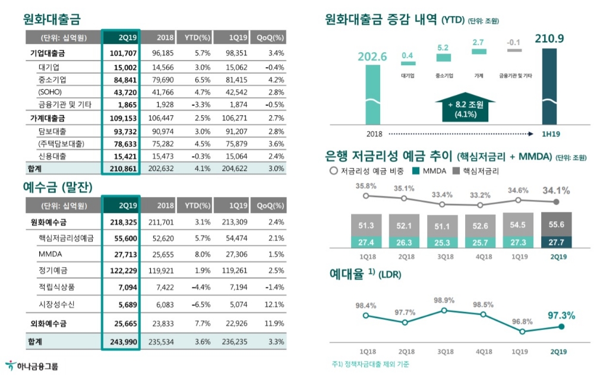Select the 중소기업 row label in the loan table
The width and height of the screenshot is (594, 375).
52,80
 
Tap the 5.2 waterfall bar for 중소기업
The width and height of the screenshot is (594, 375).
443,58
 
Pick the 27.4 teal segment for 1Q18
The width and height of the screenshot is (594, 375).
366,242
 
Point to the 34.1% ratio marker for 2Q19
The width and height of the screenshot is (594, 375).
556,202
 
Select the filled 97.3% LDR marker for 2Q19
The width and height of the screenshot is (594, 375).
561,326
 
